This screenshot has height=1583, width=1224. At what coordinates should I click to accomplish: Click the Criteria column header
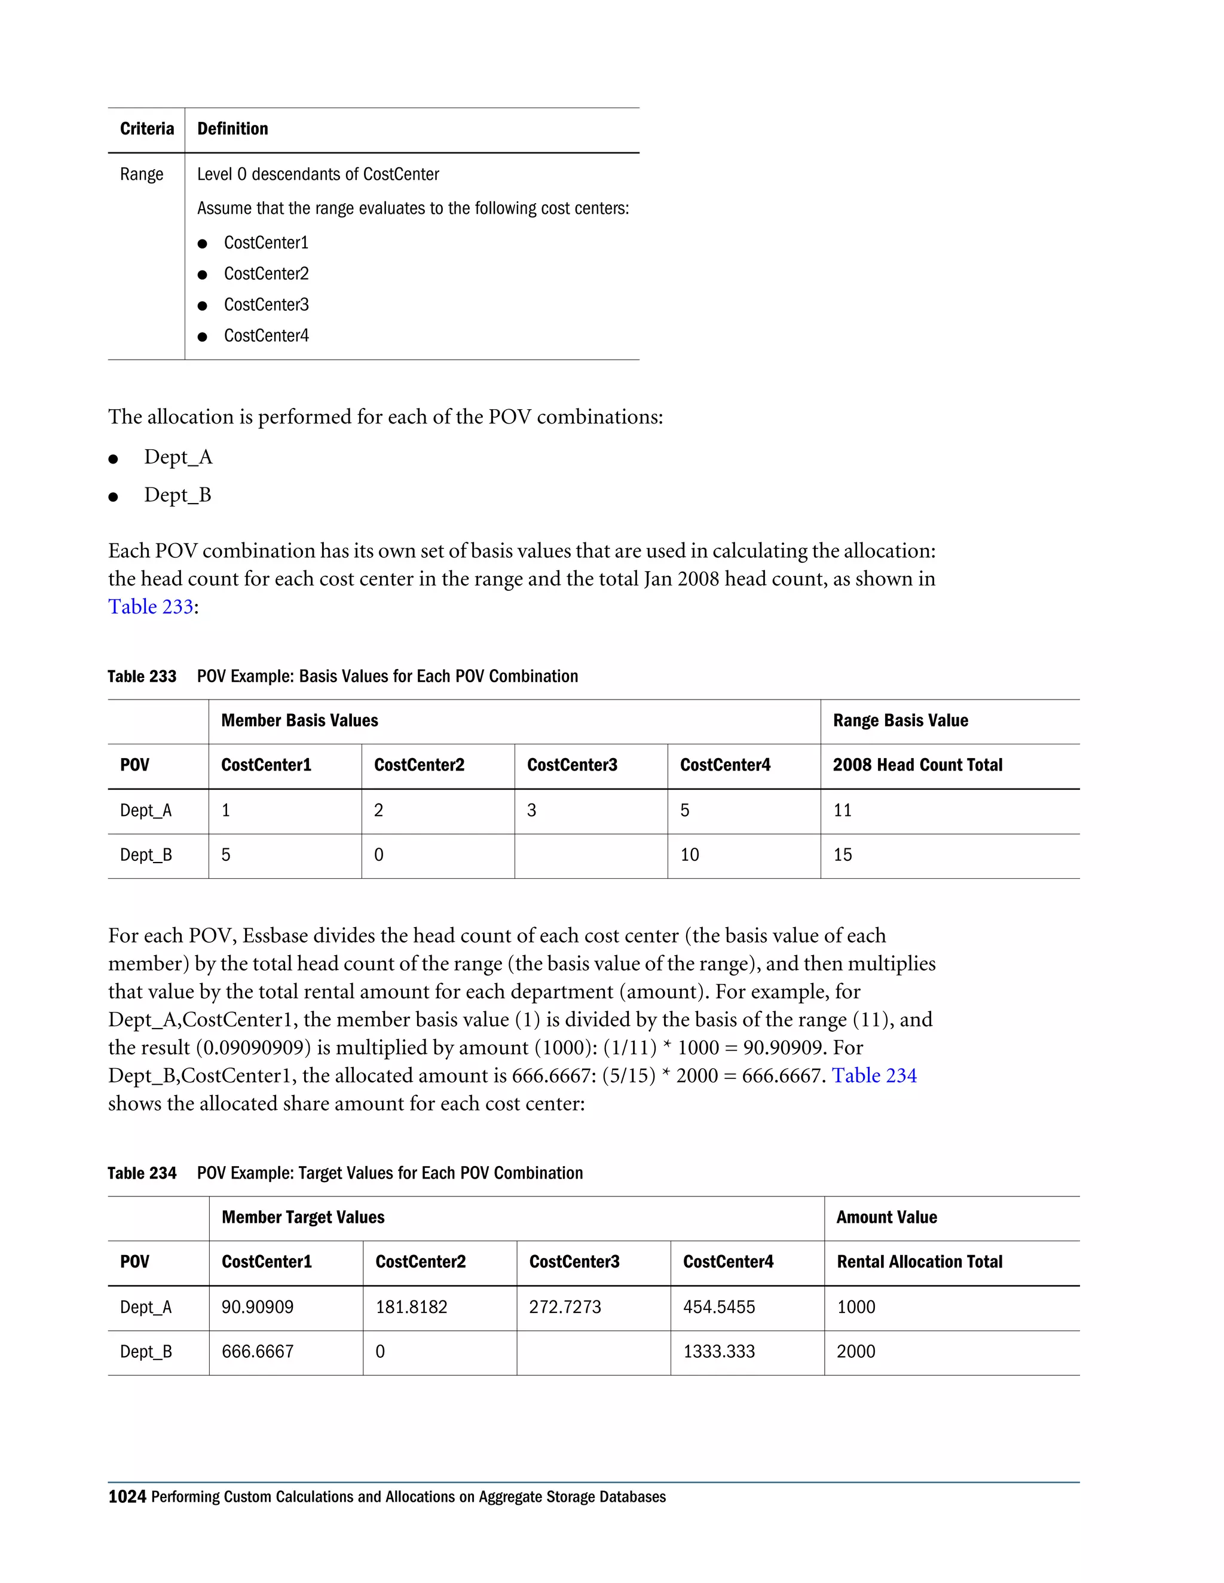147,129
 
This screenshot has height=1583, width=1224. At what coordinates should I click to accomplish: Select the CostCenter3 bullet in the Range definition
266,305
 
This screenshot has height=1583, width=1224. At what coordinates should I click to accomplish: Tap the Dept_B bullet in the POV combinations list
178,495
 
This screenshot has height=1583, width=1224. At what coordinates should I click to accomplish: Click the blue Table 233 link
151,607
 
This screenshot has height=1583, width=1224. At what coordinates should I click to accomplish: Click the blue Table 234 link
874,1076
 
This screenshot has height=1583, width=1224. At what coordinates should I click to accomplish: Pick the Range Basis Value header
900,720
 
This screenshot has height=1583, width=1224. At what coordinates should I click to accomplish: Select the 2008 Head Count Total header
917,765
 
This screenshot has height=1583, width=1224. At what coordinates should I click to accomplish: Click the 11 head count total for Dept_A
843,811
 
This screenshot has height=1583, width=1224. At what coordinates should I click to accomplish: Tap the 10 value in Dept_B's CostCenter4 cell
690,855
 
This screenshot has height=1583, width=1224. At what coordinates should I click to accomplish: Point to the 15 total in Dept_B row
843,855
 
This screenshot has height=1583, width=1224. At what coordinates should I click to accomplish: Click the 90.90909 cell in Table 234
258,1307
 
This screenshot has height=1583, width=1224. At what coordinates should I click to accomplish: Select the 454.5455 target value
718,1307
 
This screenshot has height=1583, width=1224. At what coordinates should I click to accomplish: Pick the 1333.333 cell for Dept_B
718,1352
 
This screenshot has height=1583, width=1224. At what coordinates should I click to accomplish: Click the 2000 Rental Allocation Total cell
856,1352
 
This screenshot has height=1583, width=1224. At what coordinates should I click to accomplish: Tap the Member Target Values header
303,1217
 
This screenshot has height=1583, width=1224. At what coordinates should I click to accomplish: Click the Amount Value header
886,1217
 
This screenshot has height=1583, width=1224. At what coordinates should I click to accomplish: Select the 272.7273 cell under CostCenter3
565,1307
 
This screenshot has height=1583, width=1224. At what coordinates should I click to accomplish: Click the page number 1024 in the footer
127,1497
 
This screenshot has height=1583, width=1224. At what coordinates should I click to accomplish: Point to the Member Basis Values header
299,720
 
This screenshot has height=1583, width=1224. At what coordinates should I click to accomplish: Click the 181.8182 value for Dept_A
411,1307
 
